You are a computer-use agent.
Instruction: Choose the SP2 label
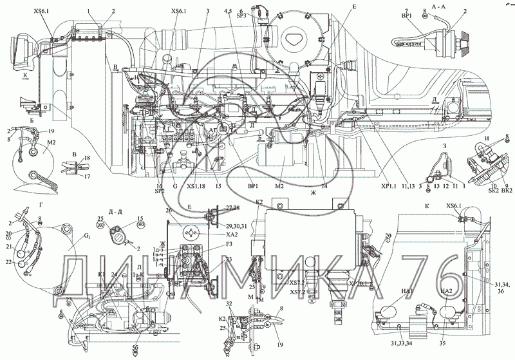158,192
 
